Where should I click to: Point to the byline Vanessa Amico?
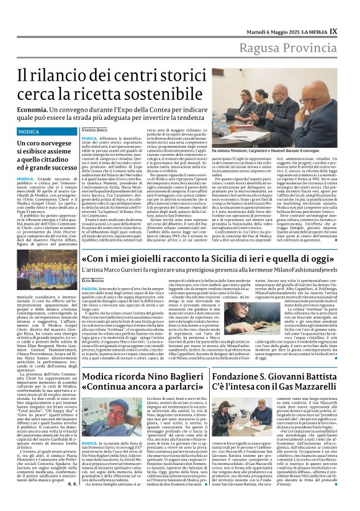point(94,130)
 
